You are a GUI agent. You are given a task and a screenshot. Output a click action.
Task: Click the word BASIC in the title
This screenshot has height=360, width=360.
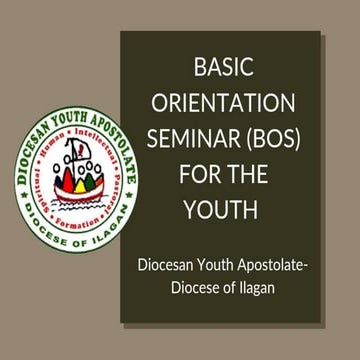tap(222, 70)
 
